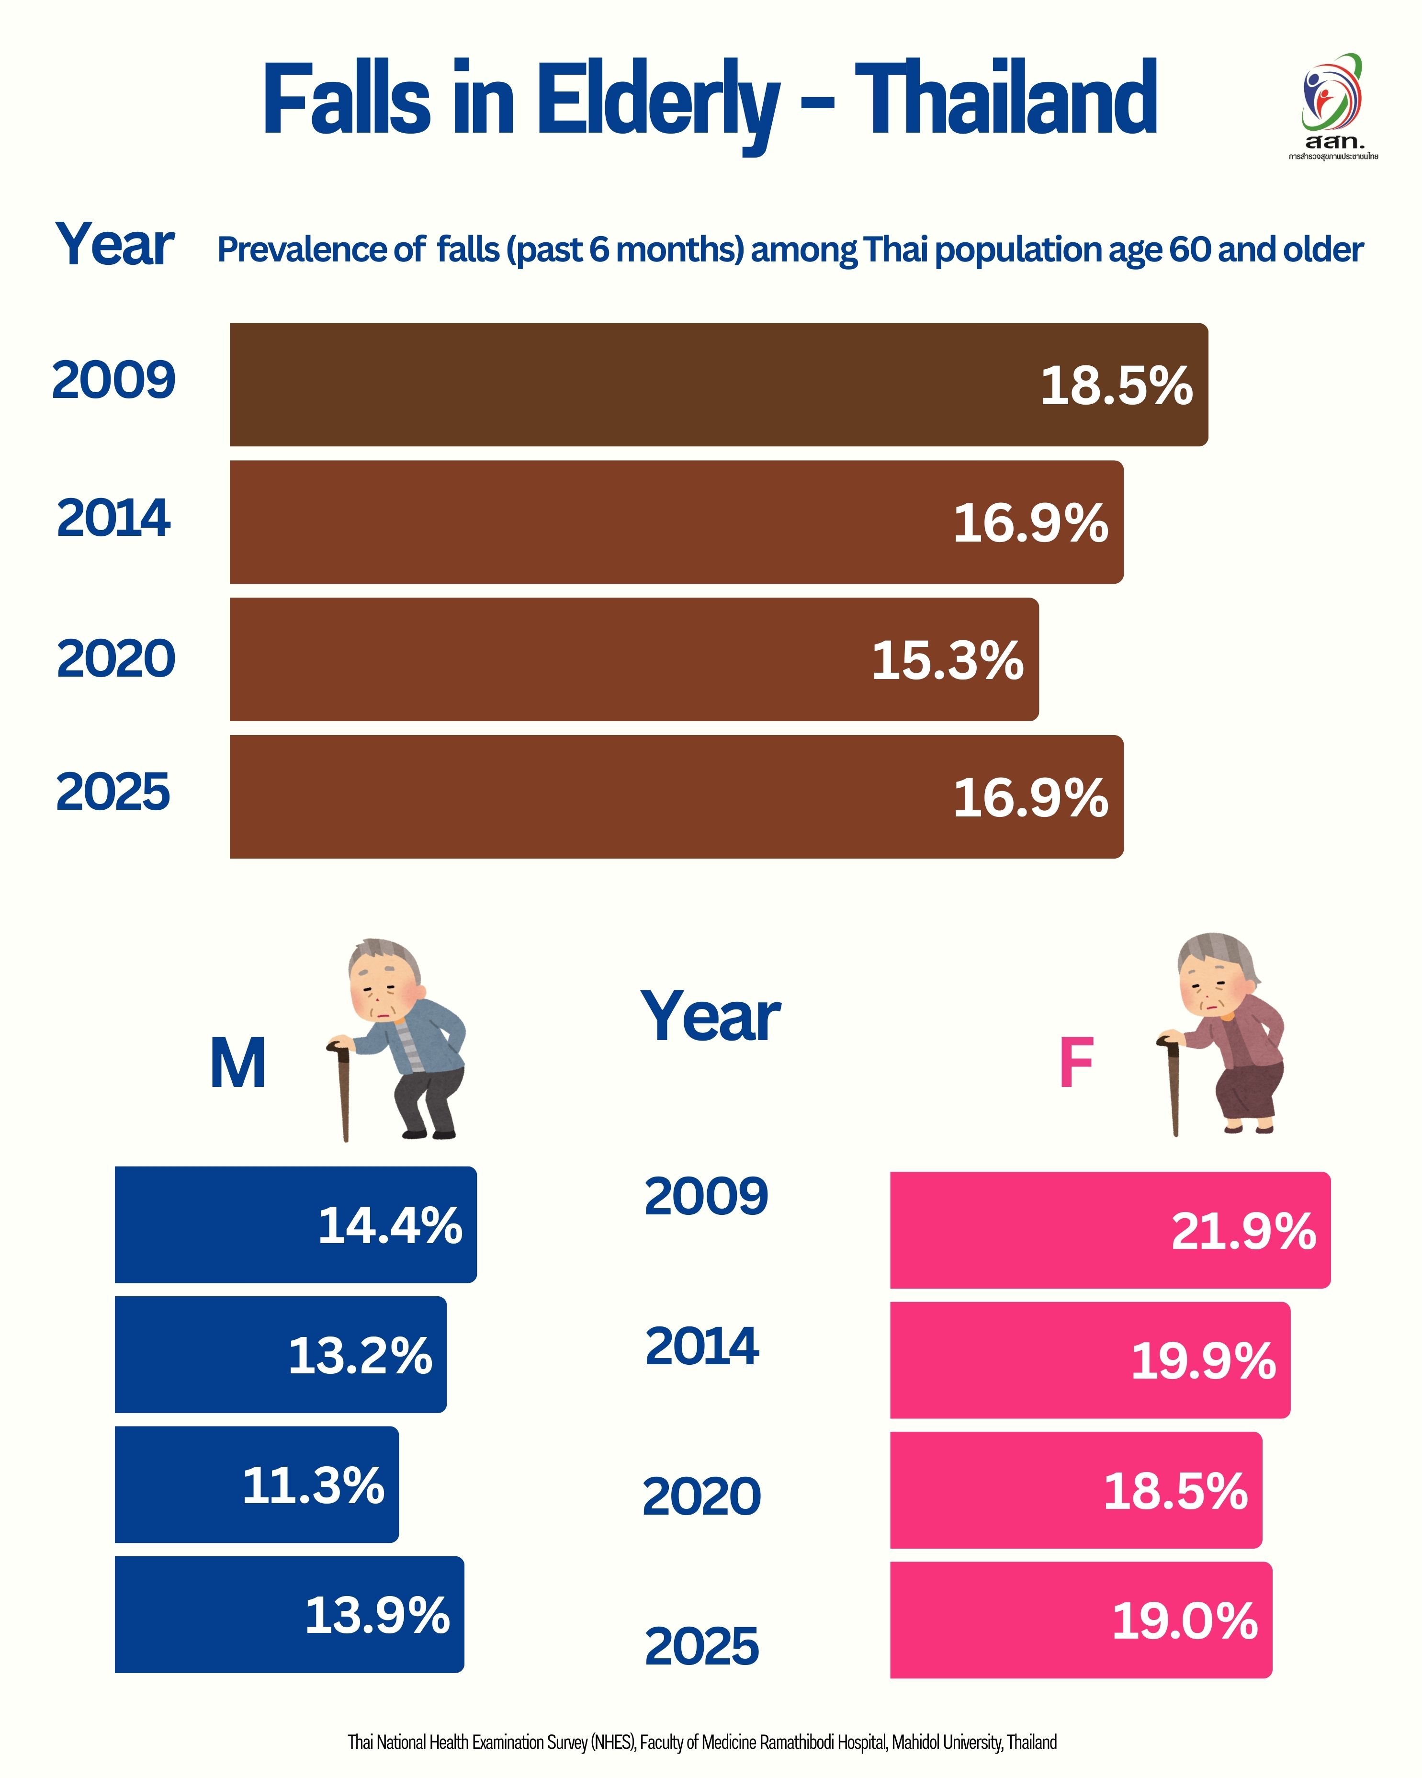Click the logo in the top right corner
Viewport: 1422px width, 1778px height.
click(x=1332, y=103)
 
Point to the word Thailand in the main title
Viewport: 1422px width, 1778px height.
click(x=1006, y=99)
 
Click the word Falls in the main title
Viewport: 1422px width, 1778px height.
click(x=346, y=99)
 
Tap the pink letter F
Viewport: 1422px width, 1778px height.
click(x=1076, y=1064)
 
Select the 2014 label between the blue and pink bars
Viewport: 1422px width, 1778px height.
click(x=701, y=1347)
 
